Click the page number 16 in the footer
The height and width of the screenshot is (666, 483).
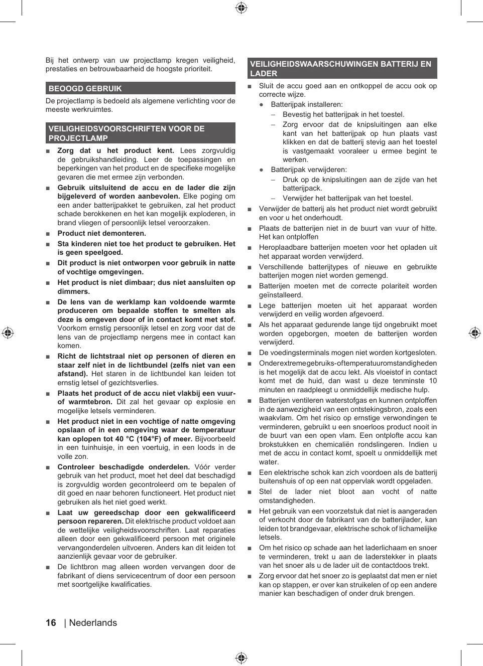click(x=51, y=623)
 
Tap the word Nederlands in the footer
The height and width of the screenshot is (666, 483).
click(x=93, y=623)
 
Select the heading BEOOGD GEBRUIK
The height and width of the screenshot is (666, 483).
click(x=85, y=89)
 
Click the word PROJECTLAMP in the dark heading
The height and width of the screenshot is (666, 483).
click(x=78, y=138)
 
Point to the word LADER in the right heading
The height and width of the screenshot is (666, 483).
click(x=264, y=74)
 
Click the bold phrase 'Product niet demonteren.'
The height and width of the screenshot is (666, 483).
click(x=101, y=233)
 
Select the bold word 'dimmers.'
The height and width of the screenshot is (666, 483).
click(x=73, y=291)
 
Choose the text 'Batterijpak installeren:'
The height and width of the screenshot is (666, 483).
click(x=307, y=105)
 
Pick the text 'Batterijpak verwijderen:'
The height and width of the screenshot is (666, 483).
click(x=309, y=170)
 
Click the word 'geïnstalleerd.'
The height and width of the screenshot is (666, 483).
click(x=281, y=295)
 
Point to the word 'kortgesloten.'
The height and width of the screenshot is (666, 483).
click(x=415, y=353)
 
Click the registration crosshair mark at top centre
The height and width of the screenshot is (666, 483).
click(x=241, y=8)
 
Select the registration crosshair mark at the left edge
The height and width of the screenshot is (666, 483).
click(x=8, y=332)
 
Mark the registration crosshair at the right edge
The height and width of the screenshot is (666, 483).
click(x=475, y=332)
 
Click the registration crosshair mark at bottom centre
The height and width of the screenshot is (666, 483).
click(x=241, y=658)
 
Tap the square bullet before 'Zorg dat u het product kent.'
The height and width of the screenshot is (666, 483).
click(x=48, y=151)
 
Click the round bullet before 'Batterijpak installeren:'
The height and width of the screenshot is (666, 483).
click(x=261, y=105)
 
